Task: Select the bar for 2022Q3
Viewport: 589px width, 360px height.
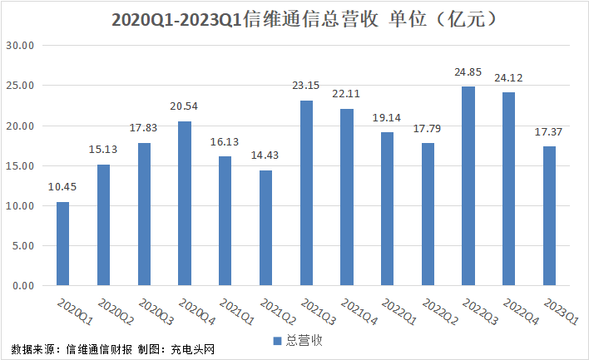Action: pyautogui.click(x=468, y=186)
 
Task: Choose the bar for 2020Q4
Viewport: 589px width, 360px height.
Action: pyautogui.click(x=185, y=204)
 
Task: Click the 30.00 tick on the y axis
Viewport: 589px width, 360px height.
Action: pyautogui.click(x=19, y=46)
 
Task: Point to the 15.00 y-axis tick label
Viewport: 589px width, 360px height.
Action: pyautogui.click(x=19, y=166)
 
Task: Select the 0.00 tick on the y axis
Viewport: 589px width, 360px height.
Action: pyautogui.click(x=22, y=286)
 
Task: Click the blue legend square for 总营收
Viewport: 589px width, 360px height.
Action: pyautogui.click(x=278, y=340)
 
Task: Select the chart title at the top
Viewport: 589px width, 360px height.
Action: pyautogui.click(x=294, y=18)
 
